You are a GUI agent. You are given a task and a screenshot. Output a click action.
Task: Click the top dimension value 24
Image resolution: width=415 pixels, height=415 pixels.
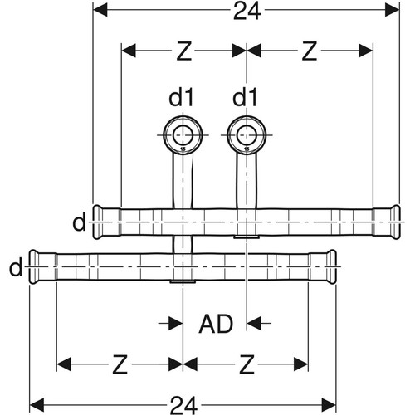247,12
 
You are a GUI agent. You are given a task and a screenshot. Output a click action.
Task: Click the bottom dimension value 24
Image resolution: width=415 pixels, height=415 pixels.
183,405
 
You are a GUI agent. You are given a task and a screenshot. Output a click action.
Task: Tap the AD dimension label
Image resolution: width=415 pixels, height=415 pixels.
216,324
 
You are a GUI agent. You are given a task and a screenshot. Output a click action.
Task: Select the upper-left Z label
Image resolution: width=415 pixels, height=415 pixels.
183,51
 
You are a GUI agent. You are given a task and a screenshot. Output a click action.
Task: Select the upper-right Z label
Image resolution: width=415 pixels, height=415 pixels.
309,51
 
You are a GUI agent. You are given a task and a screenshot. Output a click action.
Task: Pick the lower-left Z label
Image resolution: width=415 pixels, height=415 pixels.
120,364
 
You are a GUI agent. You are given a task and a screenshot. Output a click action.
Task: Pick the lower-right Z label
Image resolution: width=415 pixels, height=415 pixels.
247,364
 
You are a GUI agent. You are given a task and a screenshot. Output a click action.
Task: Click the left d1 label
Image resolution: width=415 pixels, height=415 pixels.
181,97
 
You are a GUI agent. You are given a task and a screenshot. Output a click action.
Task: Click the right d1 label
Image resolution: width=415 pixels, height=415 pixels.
245,97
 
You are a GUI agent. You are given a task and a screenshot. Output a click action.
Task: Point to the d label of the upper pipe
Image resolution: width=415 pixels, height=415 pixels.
79,222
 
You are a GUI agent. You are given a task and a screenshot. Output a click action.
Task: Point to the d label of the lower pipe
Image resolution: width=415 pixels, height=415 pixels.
16,267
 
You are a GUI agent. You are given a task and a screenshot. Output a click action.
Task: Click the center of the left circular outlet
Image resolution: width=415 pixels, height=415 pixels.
183,135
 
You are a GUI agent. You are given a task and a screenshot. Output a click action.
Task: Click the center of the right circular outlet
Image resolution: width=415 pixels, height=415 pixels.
247,135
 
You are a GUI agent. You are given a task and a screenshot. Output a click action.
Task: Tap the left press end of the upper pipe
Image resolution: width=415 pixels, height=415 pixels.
106,222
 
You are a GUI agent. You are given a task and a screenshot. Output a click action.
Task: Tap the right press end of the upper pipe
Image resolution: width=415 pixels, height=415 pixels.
386,222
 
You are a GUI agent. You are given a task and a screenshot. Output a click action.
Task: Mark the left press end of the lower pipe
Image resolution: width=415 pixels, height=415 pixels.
43,266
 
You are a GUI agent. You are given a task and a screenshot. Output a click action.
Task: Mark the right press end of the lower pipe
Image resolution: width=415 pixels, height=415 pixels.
323,266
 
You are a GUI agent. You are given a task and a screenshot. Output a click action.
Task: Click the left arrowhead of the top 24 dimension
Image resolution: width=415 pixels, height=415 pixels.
100,11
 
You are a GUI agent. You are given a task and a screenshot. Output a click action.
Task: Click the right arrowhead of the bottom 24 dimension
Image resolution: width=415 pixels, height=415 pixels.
329,405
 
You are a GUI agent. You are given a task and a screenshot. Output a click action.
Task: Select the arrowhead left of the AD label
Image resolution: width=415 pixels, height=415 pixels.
176,323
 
